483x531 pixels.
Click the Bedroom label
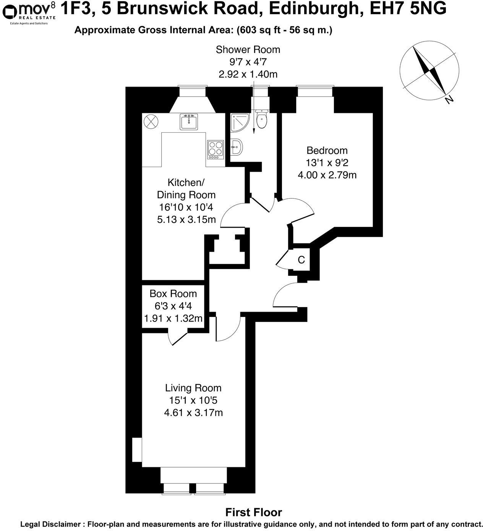[x=327, y=150]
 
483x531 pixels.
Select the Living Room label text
[x=193, y=388]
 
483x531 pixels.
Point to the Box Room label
[x=173, y=294]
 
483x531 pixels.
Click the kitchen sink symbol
[x=188, y=122]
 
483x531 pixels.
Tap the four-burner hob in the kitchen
[x=215, y=150]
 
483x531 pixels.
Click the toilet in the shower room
[x=262, y=120]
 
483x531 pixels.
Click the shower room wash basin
[x=236, y=147]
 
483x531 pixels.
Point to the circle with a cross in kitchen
[x=150, y=122]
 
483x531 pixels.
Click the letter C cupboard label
[x=301, y=260]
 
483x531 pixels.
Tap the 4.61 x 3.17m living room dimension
[x=193, y=413]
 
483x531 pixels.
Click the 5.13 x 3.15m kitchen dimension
[x=186, y=220]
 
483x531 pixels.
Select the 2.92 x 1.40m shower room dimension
[x=248, y=74]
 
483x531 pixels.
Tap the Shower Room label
[x=248, y=50]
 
